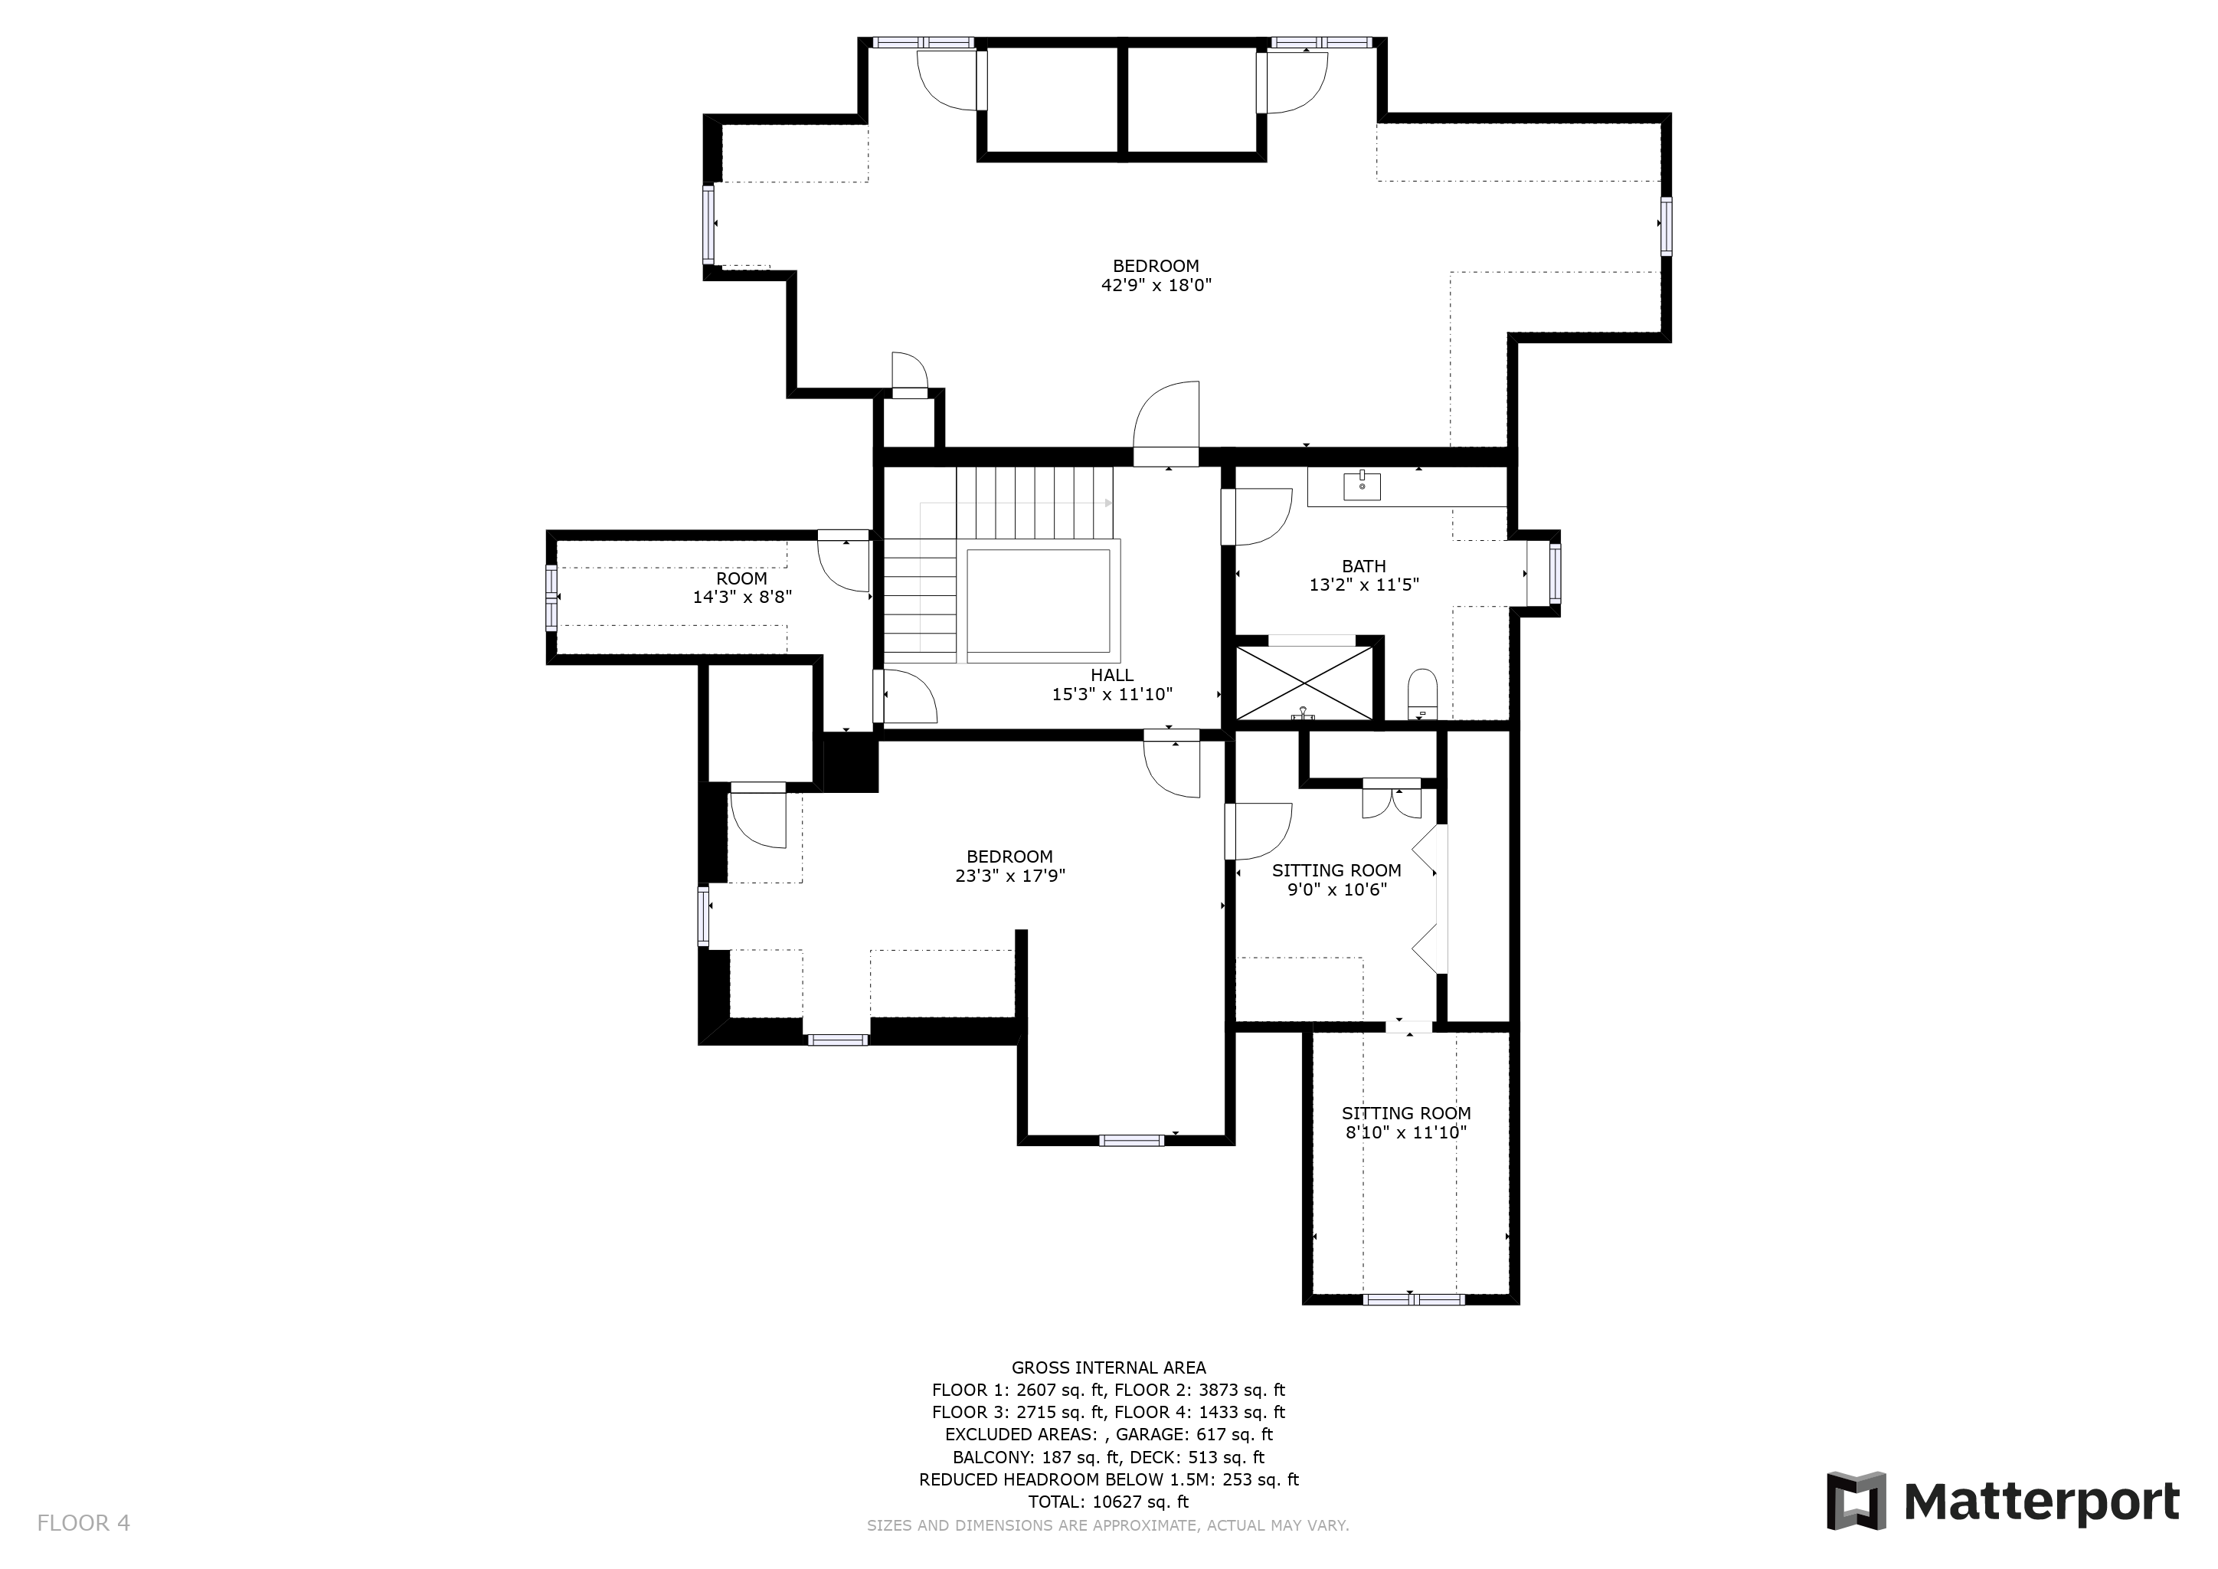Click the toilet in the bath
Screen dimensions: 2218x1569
tap(1422, 693)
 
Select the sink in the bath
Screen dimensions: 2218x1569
tap(1362, 485)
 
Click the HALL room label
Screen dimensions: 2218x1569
tap(1112, 675)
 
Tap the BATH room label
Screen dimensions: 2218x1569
tap(1364, 566)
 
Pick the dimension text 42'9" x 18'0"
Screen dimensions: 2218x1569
tap(1156, 286)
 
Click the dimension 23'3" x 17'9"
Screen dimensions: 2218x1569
tap(1009, 876)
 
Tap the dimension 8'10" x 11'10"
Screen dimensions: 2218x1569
tap(1406, 1132)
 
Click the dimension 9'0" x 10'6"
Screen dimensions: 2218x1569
tap(1337, 889)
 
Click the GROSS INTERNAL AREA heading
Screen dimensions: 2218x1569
tap(1109, 1367)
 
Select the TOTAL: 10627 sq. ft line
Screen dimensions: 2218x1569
tap(1109, 1502)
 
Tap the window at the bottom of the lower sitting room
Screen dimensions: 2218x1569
tap(1413, 1299)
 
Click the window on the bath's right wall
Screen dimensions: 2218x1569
tap(1554, 573)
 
